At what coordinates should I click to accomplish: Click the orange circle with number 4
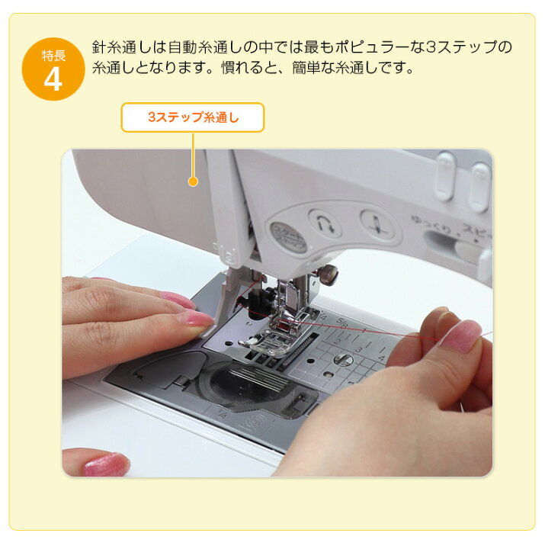(53, 69)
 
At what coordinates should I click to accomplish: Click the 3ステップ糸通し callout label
(193, 118)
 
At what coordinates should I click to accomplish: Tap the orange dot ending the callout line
(193, 181)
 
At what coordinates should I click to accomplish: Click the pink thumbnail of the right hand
(460, 335)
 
